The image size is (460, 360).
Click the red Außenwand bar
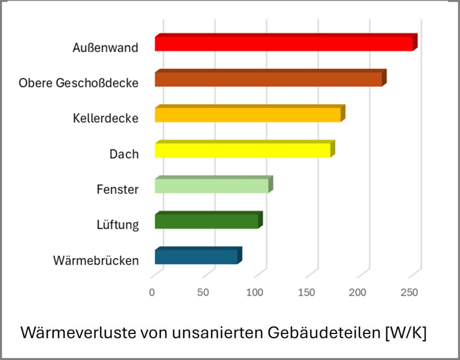click(x=284, y=44)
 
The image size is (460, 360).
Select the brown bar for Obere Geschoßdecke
click(x=268, y=79)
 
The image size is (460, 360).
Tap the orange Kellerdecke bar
click(x=248, y=115)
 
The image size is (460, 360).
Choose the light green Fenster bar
click(x=212, y=186)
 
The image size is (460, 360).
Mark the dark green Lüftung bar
click(x=206, y=221)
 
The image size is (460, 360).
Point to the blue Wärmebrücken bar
click(x=196, y=257)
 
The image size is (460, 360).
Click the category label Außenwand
click(x=105, y=48)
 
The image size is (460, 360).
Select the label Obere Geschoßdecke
click(x=79, y=83)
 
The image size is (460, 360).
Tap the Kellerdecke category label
click(x=105, y=118)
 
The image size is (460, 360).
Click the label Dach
click(x=124, y=154)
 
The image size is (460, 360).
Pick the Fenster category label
click(x=118, y=189)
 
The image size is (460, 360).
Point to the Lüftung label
click(x=118, y=225)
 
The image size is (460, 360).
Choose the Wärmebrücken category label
click(x=96, y=261)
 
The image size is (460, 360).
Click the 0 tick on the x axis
click(x=152, y=293)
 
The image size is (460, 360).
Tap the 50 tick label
click(x=203, y=293)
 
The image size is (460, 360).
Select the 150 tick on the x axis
click(x=306, y=293)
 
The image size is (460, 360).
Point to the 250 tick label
click(x=409, y=293)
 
